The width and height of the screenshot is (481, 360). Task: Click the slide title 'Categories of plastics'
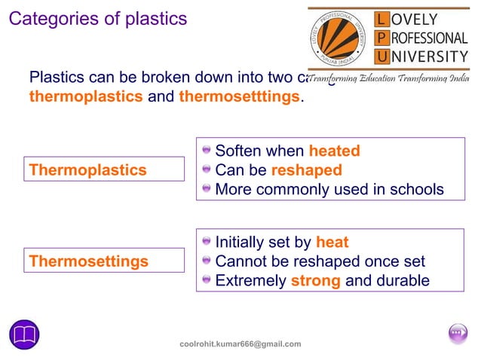tap(97, 18)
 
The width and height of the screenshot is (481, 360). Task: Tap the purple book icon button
tap(24, 334)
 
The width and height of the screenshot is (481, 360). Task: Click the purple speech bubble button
tap(458, 333)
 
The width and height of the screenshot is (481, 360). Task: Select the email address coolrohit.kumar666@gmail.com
tap(240, 344)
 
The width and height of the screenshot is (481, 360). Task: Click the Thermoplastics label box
tap(104, 169)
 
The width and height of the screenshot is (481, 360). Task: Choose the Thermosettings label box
tap(104, 261)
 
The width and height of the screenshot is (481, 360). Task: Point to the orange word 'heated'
tap(334, 151)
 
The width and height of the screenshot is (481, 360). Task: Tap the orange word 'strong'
tap(316, 281)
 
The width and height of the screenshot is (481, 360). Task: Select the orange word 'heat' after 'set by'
tap(332, 243)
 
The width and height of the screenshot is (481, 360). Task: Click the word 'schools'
tap(417, 189)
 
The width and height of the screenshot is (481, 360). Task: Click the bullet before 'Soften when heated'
tap(207, 151)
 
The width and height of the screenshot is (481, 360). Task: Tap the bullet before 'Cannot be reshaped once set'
tap(207, 262)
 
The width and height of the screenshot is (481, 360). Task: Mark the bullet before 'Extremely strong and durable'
tap(207, 281)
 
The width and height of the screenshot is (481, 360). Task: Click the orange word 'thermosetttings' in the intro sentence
tap(239, 98)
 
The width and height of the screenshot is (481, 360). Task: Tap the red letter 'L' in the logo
tap(384, 18)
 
